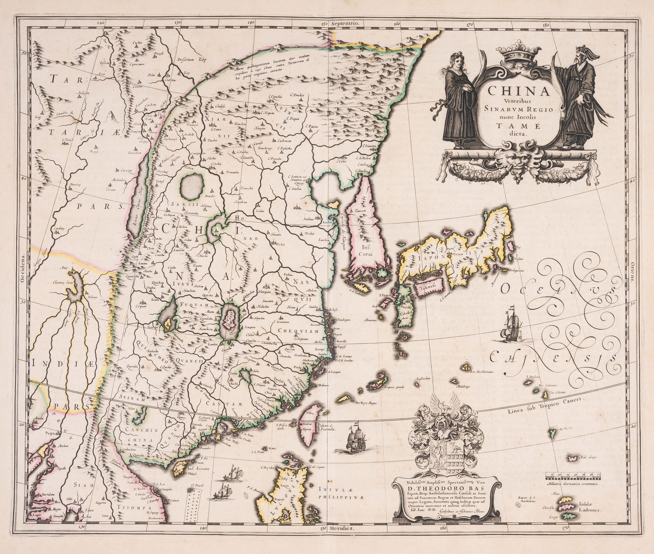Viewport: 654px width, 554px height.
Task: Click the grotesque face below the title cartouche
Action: [x=516, y=161]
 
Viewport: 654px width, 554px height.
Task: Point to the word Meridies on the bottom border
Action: [x=342, y=540]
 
